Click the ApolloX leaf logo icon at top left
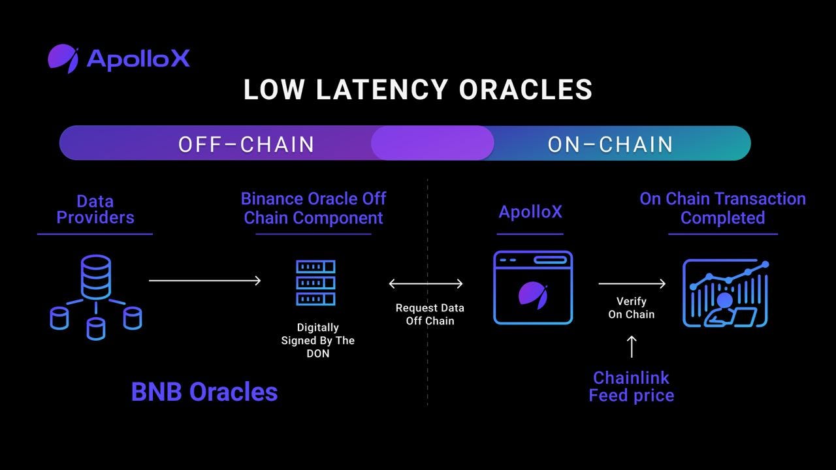click(63, 58)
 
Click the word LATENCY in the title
click(382, 90)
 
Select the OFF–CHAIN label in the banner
click(246, 144)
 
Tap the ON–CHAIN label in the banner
click(610, 144)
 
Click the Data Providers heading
click(95, 210)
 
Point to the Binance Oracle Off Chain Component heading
click(313, 208)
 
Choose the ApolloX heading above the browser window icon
click(530, 212)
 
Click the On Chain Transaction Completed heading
click(722, 208)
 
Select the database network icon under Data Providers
click(96, 297)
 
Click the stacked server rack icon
click(315, 283)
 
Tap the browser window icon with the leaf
click(533, 288)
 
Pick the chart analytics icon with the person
click(726, 293)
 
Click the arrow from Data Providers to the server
click(204, 281)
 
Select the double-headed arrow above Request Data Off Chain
click(426, 283)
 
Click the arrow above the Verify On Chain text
click(632, 283)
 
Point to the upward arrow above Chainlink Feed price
click(632, 347)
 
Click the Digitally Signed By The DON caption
click(318, 340)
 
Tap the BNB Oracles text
click(204, 392)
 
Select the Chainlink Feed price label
click(631, 386)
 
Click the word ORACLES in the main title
click(526, 90)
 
